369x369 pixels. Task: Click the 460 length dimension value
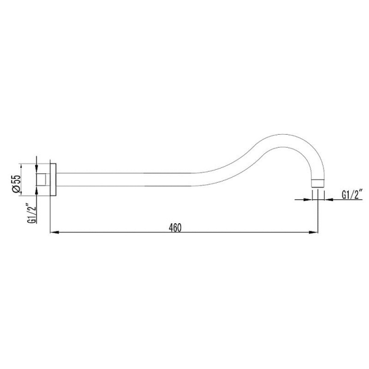175,227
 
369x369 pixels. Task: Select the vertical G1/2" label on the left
32,213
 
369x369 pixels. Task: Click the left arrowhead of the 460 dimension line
54,232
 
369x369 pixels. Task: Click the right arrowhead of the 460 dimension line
314,232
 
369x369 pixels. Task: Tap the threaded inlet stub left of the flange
43,179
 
